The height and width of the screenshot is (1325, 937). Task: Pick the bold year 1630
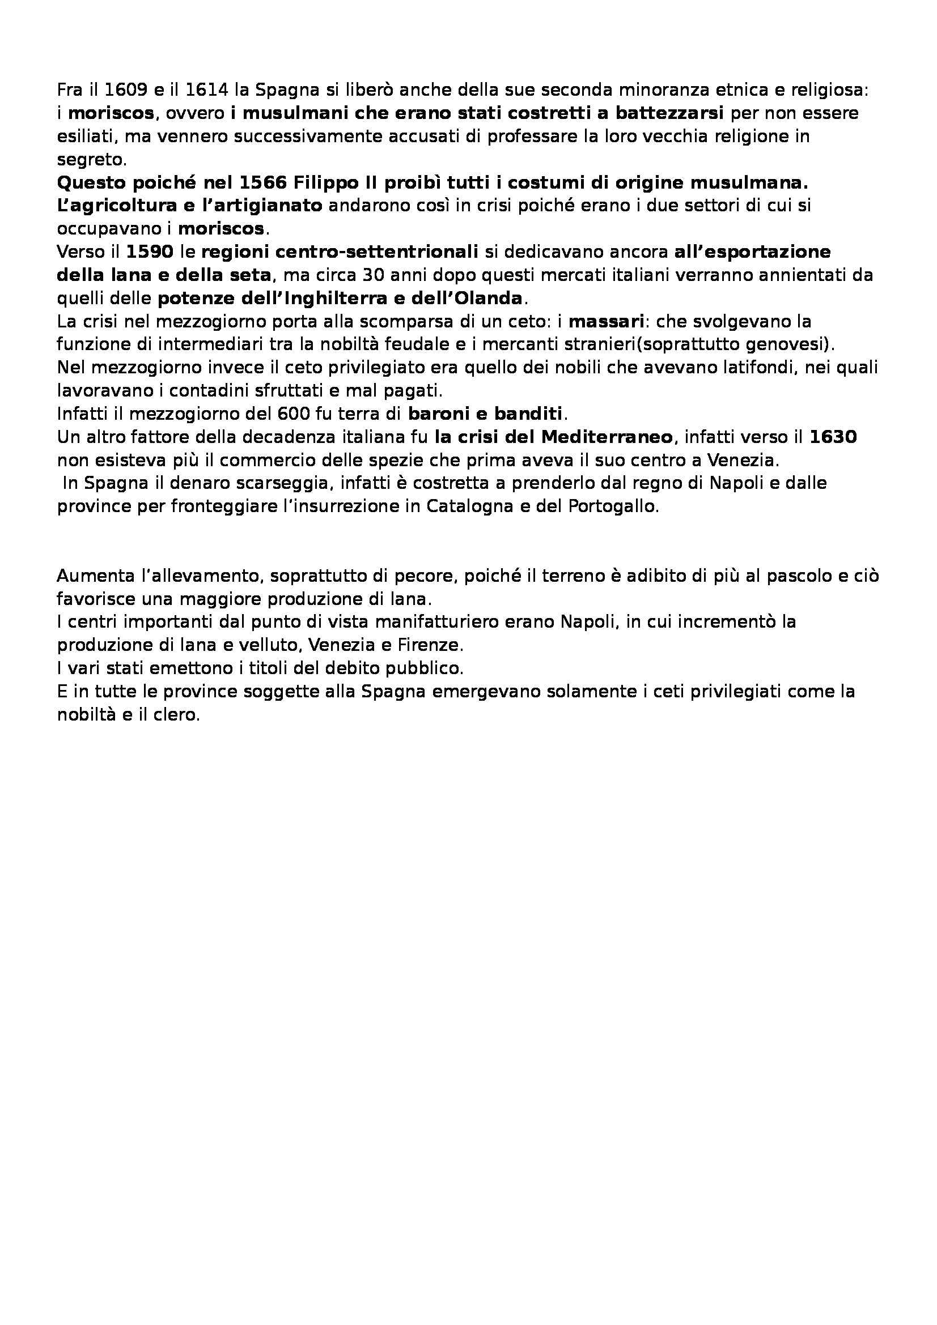pos(833,437)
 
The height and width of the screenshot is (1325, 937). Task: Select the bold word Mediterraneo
pos(607,437)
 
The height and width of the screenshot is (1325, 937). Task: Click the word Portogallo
pos(613,506)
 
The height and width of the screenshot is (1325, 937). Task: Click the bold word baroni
pos(439,414)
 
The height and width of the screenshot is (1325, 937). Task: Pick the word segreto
pos(89,159)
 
